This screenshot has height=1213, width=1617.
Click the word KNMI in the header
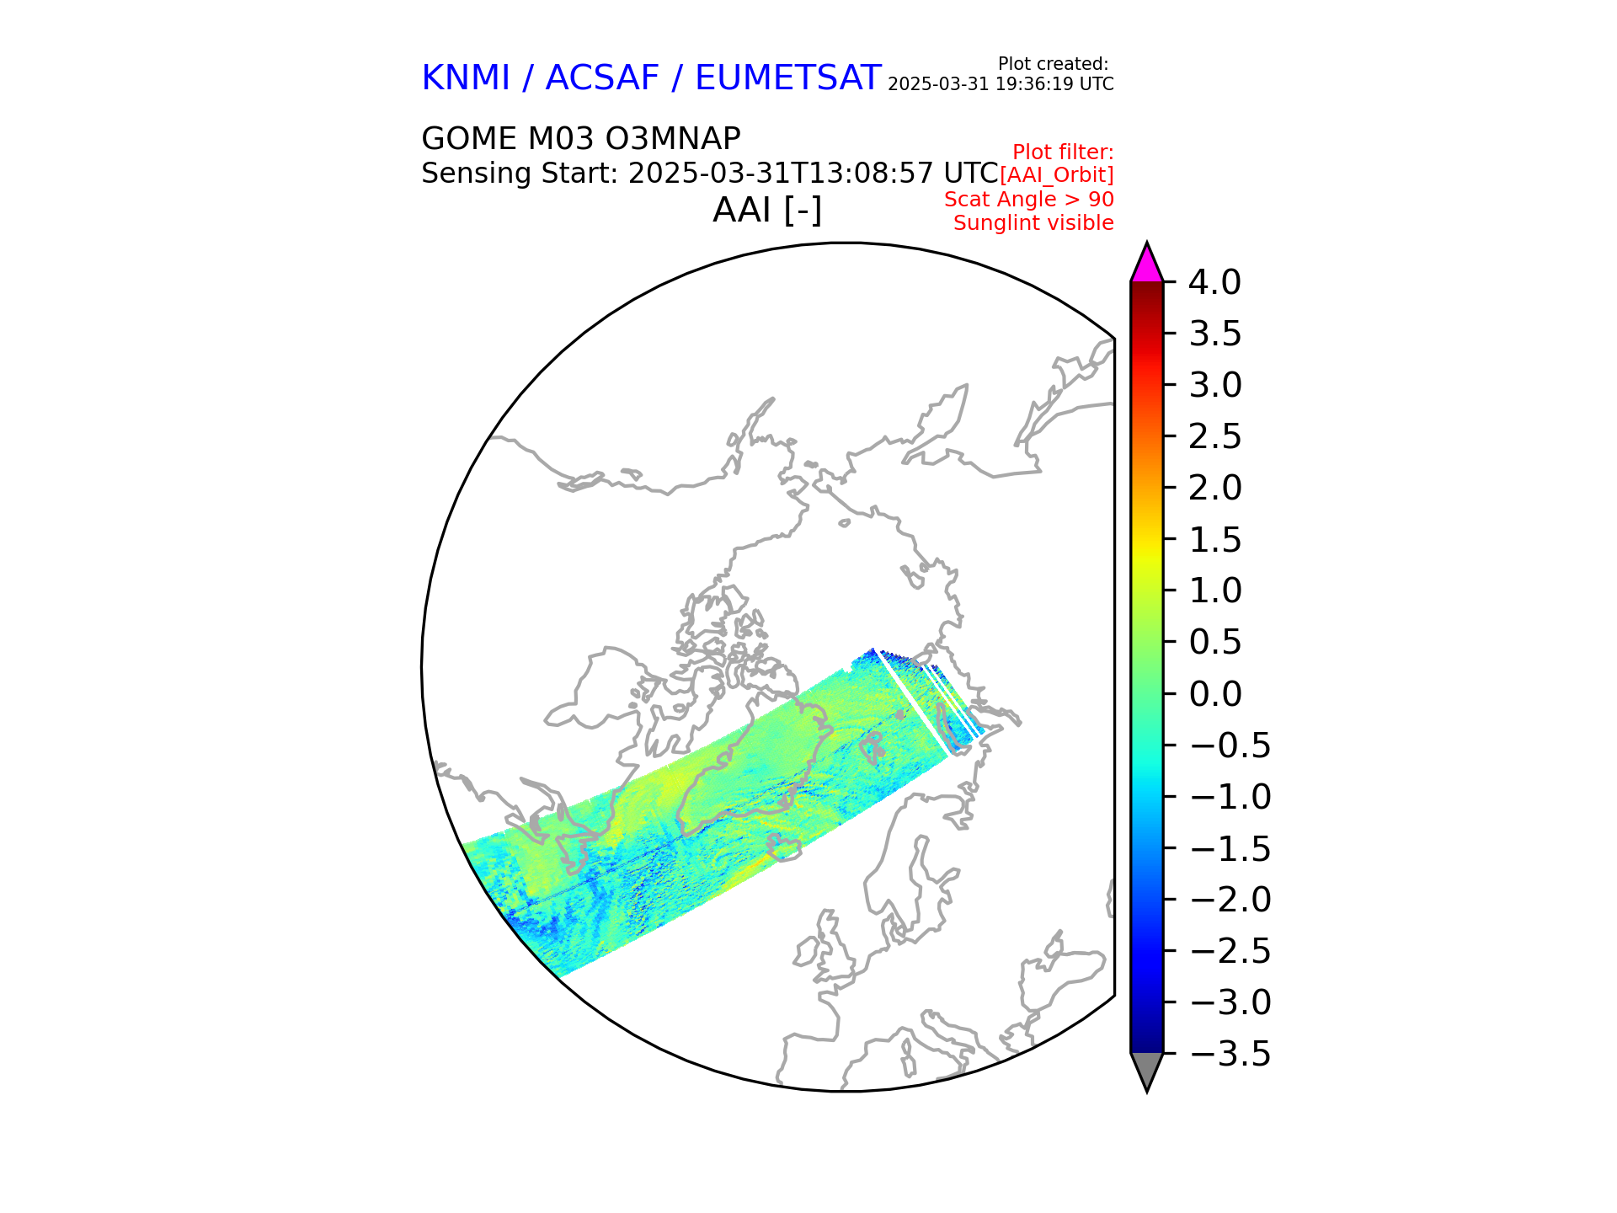coord(465,78)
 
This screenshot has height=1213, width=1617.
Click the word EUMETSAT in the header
coord(787,78)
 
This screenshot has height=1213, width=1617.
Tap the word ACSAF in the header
coord(602,78)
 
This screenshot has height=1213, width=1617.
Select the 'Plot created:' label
coord(1053,64)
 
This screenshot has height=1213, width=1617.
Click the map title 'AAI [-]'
coord(766,210)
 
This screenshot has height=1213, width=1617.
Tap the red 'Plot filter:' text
coord(1063,152)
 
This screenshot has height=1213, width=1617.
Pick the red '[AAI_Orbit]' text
coord(1056,175)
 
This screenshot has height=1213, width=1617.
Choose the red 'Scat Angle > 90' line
coord(1028,200)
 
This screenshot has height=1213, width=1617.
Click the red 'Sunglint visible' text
coord(1033,223)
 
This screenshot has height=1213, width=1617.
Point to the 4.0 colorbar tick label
coord(1214,283)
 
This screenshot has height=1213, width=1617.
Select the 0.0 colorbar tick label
coord(1214,694)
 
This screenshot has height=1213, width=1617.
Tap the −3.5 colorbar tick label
coord(1230,1054)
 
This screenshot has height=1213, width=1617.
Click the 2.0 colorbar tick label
coord(1214,489)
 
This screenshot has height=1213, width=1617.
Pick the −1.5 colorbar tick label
coord(1230,848)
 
